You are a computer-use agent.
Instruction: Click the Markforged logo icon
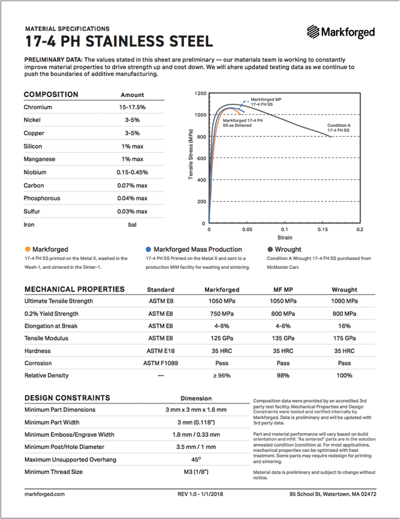[313, 32]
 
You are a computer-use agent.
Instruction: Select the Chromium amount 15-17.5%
[132, 107]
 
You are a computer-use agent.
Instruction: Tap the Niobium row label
[35, 172]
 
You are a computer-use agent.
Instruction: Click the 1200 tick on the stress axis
[200, 94]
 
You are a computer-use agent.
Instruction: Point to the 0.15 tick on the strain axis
[322, 229]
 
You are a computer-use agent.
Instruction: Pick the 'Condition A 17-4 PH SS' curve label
[339, 128]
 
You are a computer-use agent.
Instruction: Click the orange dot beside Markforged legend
[27, 250]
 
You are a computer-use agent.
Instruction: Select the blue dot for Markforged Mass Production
[148, 250]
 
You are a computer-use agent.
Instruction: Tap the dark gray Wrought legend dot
[270, 250]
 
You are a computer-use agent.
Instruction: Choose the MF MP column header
[283, 289]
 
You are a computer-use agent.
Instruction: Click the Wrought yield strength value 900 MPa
[344, 313]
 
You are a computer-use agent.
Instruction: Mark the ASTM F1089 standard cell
[161, 363]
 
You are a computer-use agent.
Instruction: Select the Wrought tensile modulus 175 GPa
[344, 338]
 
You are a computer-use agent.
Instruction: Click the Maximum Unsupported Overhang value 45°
[196, 460]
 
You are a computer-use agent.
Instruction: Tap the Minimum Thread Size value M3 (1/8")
[196, 472]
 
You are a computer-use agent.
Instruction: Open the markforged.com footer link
[45, 493]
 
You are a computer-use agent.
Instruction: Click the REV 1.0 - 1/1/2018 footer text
[200, 493]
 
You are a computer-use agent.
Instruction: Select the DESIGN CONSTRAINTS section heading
[67, 398]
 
